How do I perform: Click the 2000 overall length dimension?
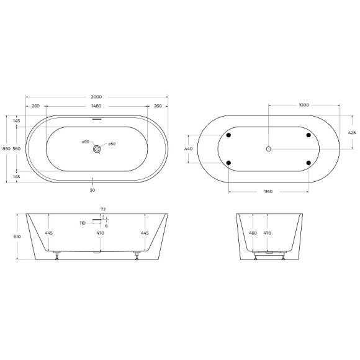[96, 97]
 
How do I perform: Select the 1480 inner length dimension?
[96, 106]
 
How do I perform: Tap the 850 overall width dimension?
[6, 149]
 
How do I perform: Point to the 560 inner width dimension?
[17, 149]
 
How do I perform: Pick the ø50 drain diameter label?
[112, 145]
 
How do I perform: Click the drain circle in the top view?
[97, 149]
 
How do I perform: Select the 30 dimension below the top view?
[93, 191]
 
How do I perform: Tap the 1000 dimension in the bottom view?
[304, 105]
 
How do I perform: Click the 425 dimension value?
[352, 132]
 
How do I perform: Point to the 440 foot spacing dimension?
[189, 149]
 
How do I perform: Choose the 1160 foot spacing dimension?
[268, 191]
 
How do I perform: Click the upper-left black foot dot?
[229, 135]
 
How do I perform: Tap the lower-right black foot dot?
[308, 163]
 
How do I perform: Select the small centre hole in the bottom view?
[269, 149]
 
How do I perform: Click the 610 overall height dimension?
[17, 236]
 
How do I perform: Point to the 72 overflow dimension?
[103, 210]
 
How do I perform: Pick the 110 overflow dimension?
[82, 222]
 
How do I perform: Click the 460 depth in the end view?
[253, 233]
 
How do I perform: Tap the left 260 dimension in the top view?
[35, 106]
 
